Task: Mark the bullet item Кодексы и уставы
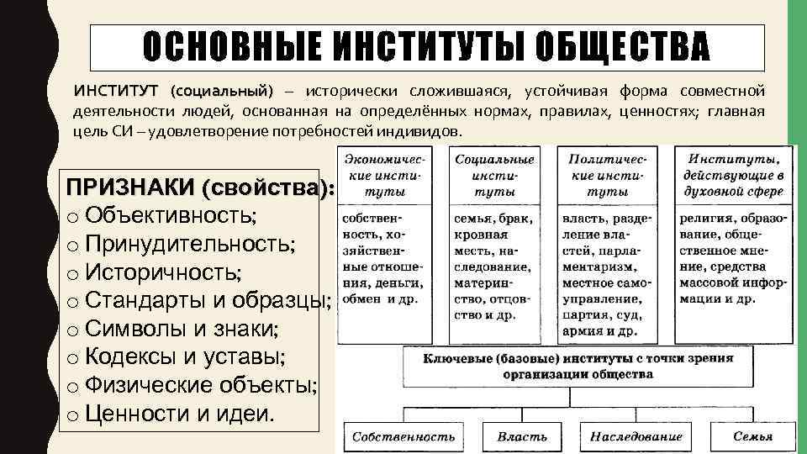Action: tap(185, 357)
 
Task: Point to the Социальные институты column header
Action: tap(494, 175)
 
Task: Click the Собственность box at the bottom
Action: tap(403, 436)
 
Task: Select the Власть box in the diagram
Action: tap(522, 436)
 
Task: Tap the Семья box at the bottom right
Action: tap(752, 436)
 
